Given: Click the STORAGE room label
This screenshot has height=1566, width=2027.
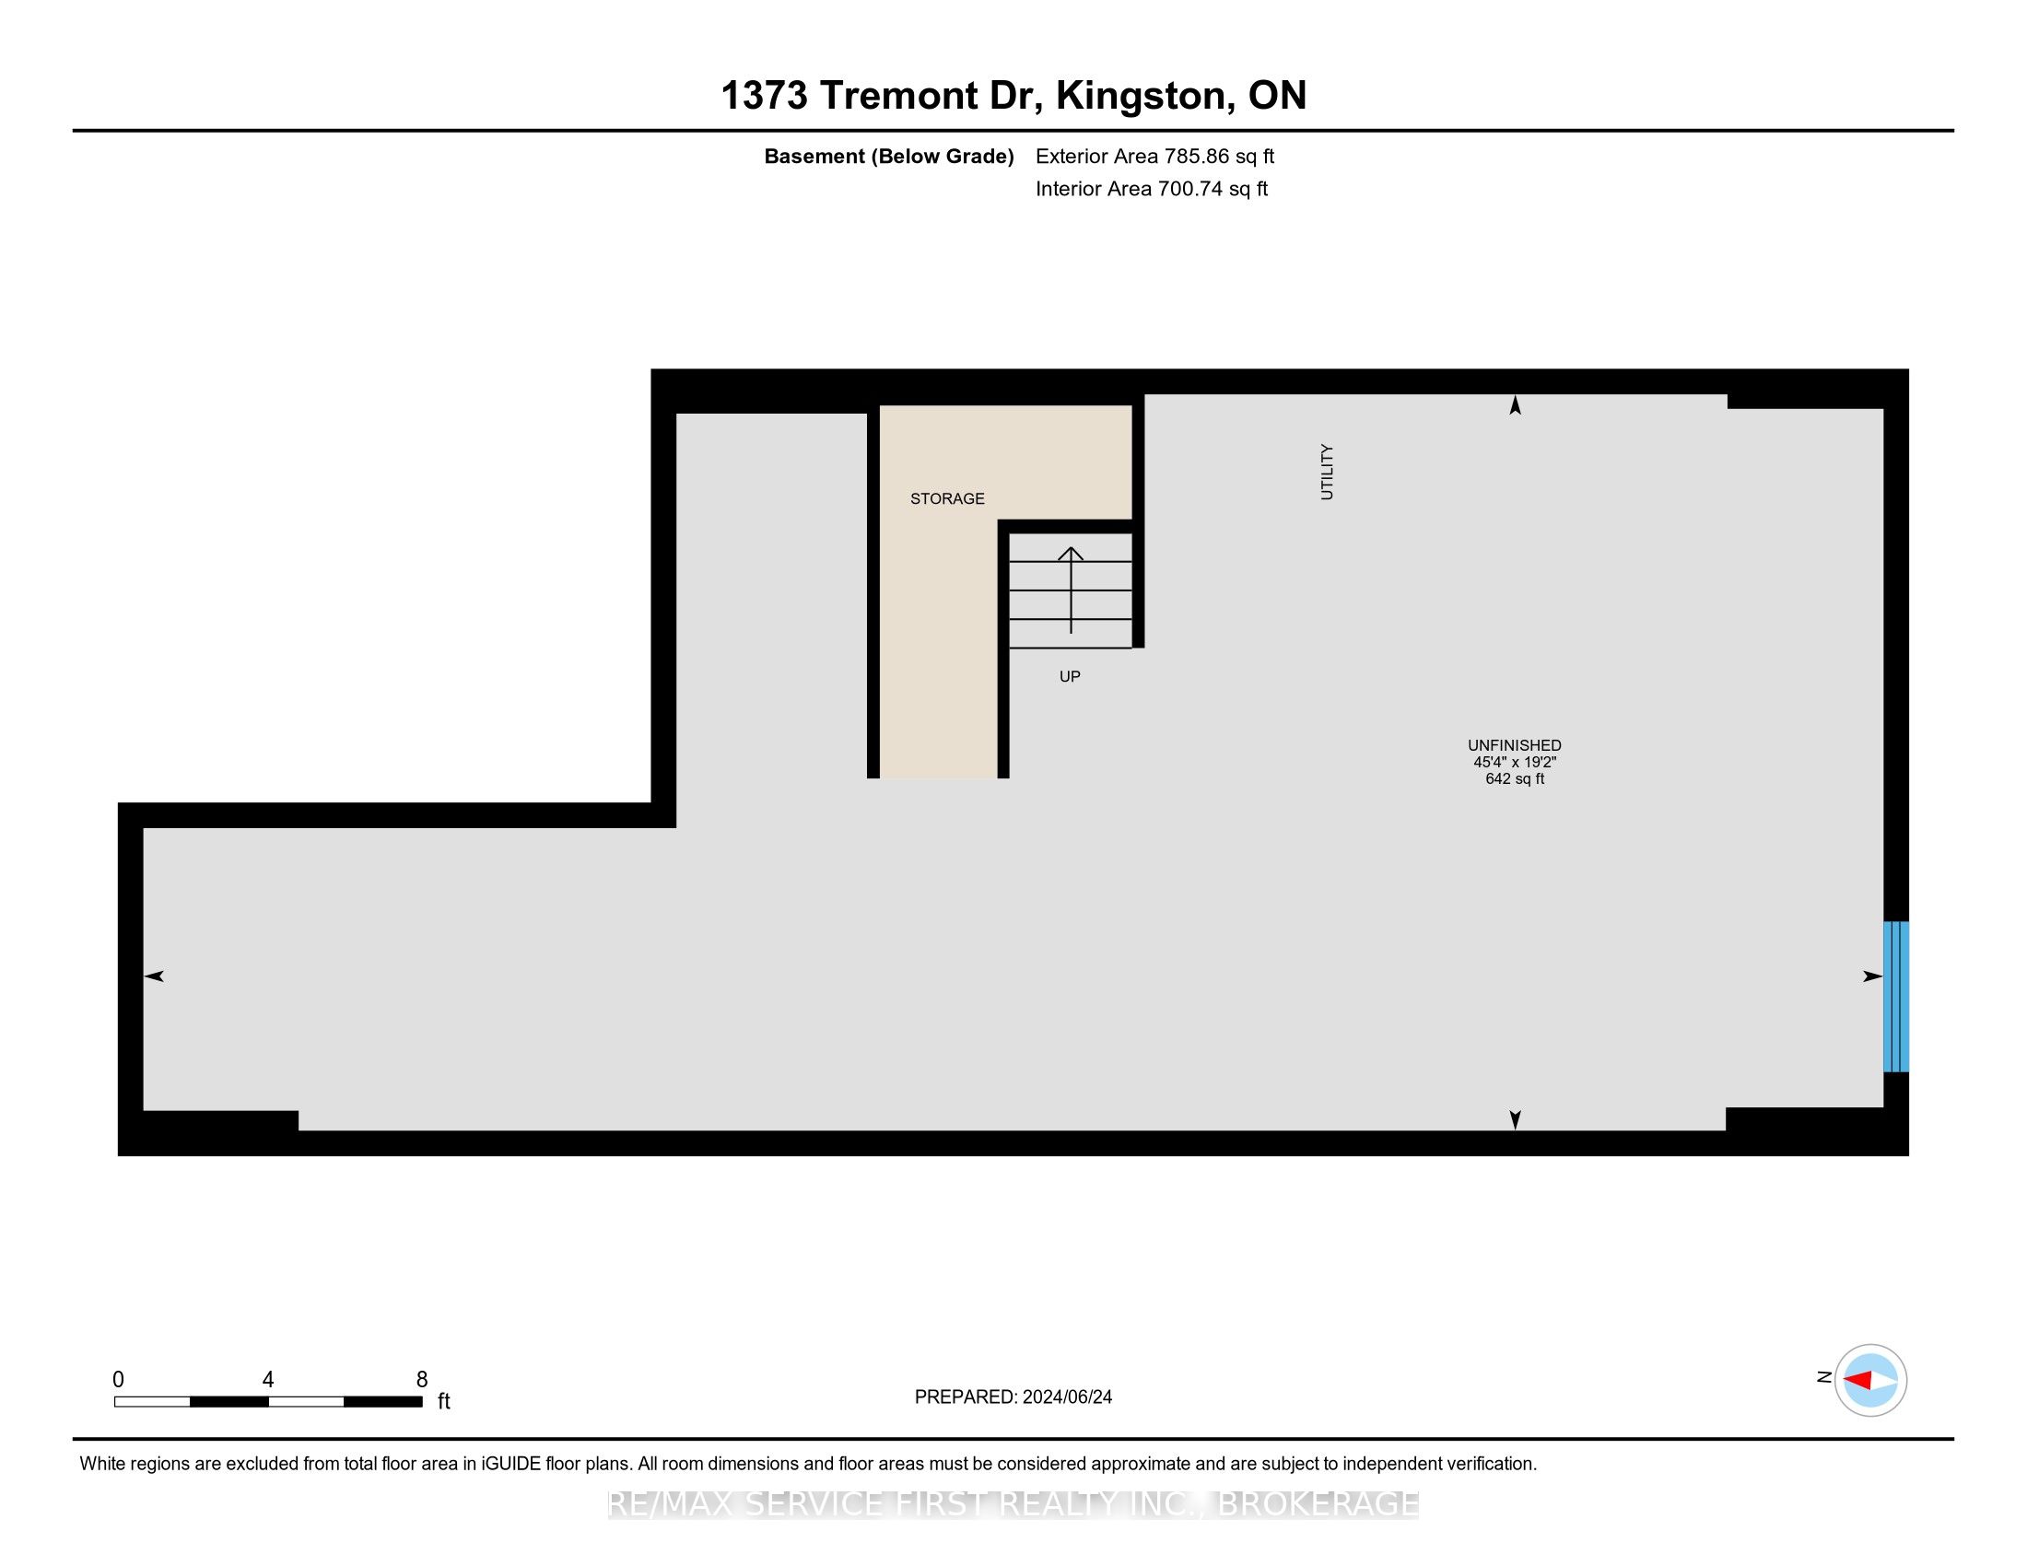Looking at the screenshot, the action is click(946, 499).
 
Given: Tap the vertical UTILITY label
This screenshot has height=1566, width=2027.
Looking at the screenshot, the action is click(1327, 473).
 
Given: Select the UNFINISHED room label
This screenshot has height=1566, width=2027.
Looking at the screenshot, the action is click(1515, 745).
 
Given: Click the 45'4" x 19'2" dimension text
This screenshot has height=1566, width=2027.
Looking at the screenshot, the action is click(1515, 762).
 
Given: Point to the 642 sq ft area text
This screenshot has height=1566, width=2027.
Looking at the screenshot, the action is click(1515, 778).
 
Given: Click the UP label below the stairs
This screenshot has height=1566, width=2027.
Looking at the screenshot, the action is click(1070, 677).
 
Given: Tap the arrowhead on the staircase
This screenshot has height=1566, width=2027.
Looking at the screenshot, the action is click(1071, 553).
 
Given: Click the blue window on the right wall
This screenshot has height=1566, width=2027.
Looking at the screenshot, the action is click(1896, 997).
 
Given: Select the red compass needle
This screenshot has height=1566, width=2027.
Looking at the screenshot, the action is click(1857, 1381).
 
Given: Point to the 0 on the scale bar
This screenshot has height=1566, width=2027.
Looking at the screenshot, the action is click(118, 1380).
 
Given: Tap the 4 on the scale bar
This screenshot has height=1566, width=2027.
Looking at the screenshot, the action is click(268, 1380).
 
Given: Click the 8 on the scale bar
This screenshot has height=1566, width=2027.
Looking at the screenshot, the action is click(422, 1380).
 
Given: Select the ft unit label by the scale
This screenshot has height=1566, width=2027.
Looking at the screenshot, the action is click(444, 1401).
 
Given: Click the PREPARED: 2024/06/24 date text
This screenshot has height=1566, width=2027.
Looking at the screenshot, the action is click(1013, 1397).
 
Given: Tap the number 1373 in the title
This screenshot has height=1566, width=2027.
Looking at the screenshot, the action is click(765, 96).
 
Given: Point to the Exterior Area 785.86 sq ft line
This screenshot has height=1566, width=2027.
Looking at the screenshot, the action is click(1155, 156).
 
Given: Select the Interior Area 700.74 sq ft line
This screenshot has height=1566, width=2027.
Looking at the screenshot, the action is click(1152, 188).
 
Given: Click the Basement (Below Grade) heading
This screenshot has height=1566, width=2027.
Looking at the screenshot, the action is click(889, 157).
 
